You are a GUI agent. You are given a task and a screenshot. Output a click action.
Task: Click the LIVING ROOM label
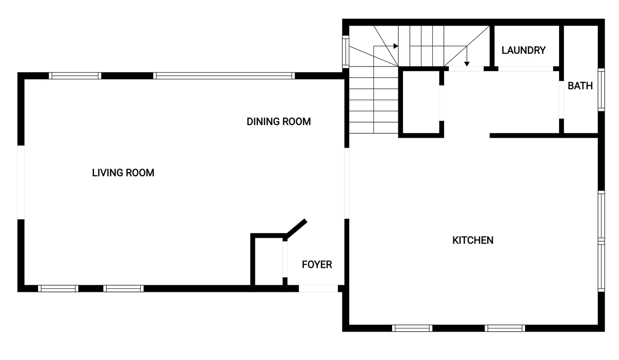pos(123,173)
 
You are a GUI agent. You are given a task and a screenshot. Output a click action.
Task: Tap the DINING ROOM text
pos(279,122)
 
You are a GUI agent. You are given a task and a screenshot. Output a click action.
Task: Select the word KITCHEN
pos(473,240)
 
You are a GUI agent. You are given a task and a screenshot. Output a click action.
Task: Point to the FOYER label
pos(317,265)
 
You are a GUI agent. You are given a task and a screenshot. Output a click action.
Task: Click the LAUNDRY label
pos(524,50)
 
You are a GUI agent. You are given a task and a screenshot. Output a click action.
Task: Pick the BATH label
pos(580,86)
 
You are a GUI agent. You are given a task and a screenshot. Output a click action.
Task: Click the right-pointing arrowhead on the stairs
pos(396,46)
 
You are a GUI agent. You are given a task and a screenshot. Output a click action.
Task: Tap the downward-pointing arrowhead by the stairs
pos(467,64)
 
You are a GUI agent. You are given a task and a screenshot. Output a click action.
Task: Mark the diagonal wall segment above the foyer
pos(297,228)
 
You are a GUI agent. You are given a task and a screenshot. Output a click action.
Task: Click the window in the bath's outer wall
pos(601,90)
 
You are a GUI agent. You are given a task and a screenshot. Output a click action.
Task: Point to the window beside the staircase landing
pos(346,52)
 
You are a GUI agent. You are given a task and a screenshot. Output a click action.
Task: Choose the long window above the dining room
pos(224,76)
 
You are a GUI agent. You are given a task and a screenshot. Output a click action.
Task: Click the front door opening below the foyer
pos(318,288)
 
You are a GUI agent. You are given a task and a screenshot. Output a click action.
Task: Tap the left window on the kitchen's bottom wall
pos(412,328)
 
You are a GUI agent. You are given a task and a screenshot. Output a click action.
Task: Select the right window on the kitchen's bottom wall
pos(505,328)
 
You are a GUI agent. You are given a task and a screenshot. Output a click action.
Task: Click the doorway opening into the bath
pos(562,100)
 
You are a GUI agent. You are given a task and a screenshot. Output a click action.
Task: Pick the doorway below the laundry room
pos(526,69)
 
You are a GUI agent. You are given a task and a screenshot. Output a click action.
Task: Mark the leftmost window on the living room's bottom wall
pos(58,289)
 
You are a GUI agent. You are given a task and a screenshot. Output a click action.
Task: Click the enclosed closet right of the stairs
pos(421,102)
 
